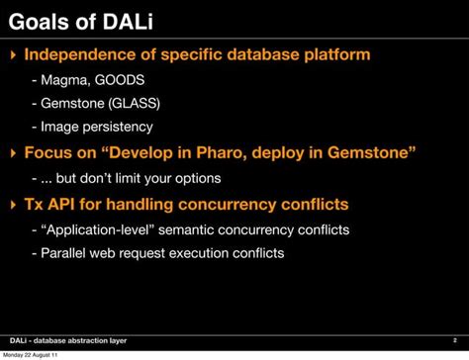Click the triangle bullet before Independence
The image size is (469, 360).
(x=12, y=54)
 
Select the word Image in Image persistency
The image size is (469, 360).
(x=60, y=127)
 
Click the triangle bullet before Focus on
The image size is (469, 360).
(x=12, y=153)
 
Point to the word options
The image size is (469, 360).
(x=190, y=178)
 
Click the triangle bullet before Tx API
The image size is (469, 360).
(x=12, y=205)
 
